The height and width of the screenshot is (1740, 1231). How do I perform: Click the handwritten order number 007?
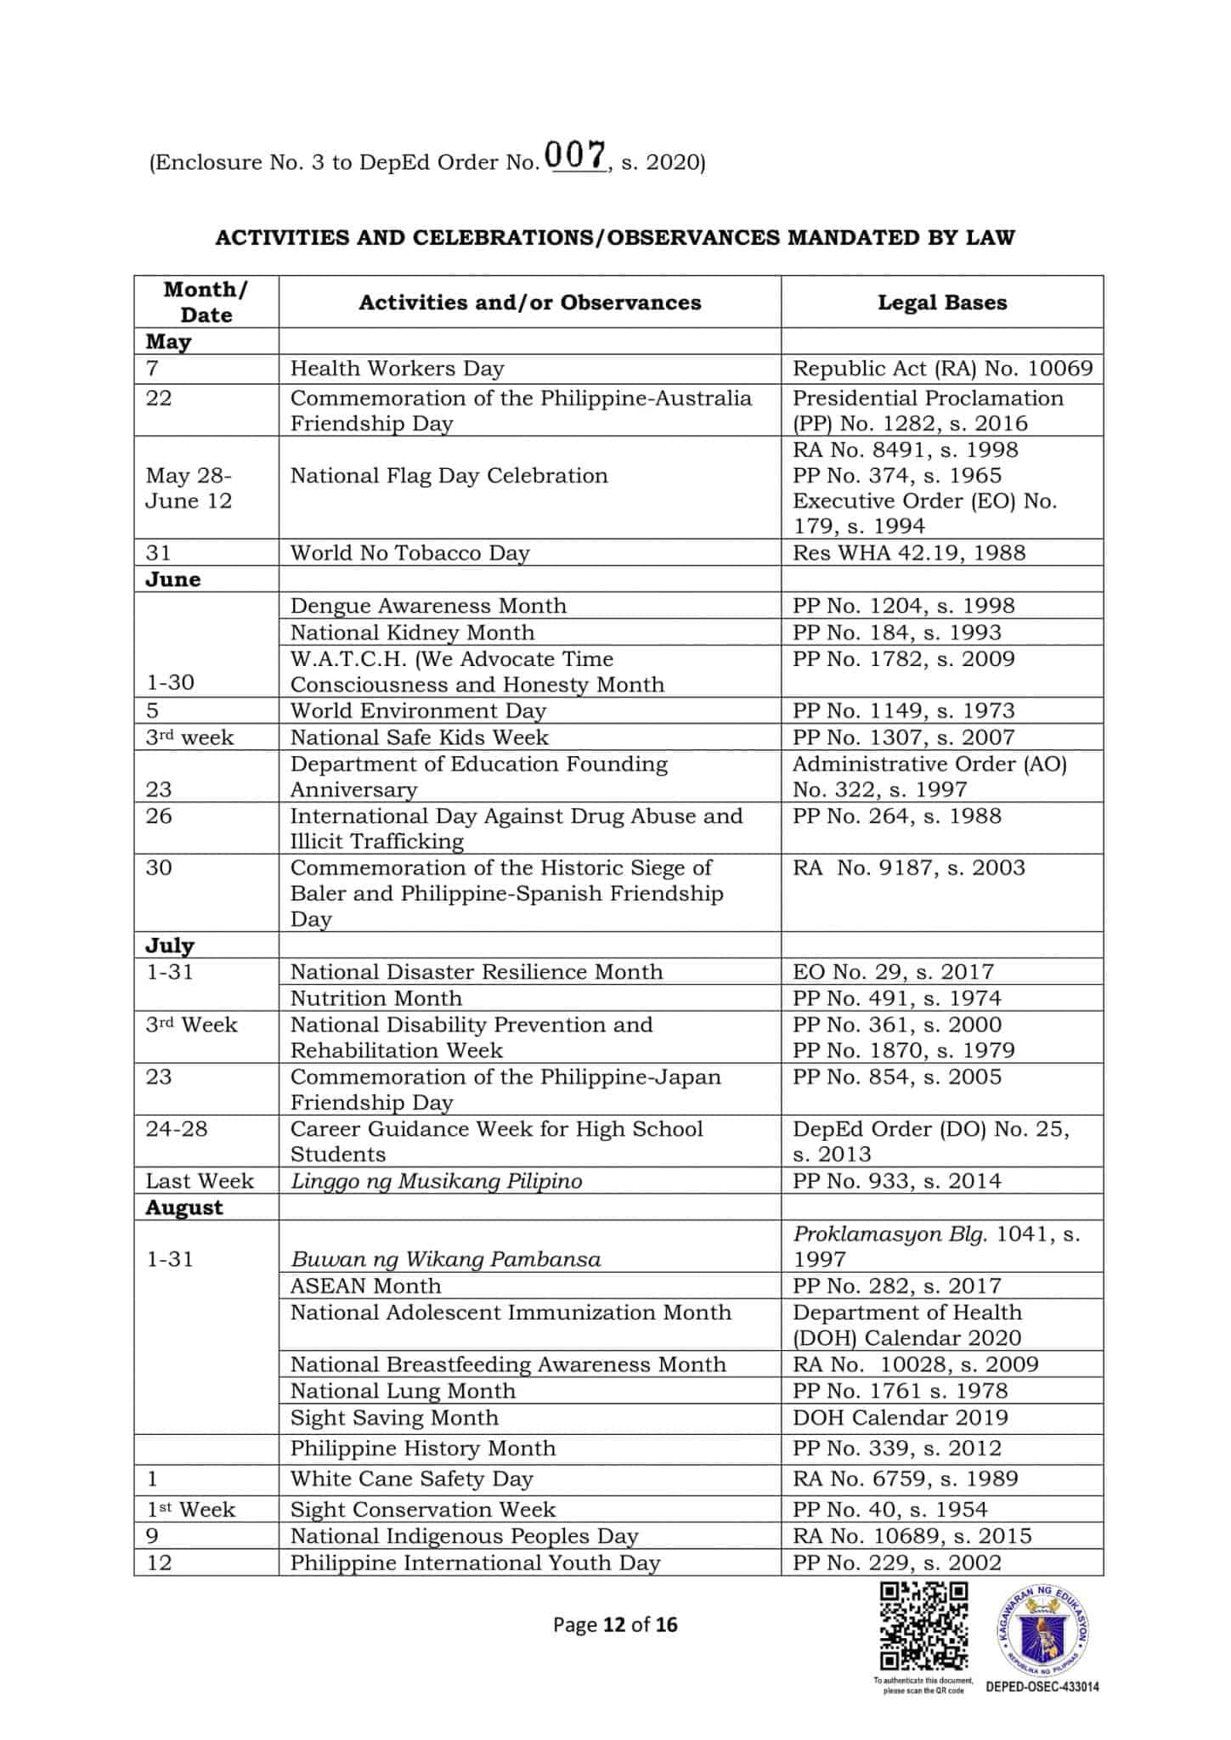point(576,156)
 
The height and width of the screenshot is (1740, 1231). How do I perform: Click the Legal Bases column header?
point(941,302)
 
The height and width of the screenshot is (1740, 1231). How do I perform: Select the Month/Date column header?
point(206,302)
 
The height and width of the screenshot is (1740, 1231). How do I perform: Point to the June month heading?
point(173,579)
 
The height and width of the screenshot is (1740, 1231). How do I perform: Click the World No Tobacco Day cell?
point(409,553)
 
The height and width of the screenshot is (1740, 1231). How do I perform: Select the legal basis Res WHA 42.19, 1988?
point(908,553)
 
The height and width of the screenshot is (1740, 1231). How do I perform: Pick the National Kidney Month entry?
point(412,632)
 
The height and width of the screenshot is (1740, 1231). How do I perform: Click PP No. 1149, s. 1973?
point(903,710)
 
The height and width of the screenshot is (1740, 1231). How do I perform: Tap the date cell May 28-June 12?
point(189,488)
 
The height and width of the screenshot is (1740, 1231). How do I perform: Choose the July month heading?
point(170,946)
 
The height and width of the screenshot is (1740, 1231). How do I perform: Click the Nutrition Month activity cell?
point(376,998)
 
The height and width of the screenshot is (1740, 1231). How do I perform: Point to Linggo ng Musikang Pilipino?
point(436,1181)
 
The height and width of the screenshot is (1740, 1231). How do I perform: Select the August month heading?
point(184,1208)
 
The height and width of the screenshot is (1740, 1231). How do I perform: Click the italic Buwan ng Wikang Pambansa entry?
point(445,1259)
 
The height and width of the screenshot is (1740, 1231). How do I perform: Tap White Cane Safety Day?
point(411,1479)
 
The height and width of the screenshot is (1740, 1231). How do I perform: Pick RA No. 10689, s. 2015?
point(912,1536)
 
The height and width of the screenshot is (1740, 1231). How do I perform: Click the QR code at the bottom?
point(923,1625)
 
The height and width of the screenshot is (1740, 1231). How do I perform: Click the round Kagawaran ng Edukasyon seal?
point(1042,1630)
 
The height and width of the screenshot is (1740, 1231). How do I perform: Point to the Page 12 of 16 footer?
point(615,1625)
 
